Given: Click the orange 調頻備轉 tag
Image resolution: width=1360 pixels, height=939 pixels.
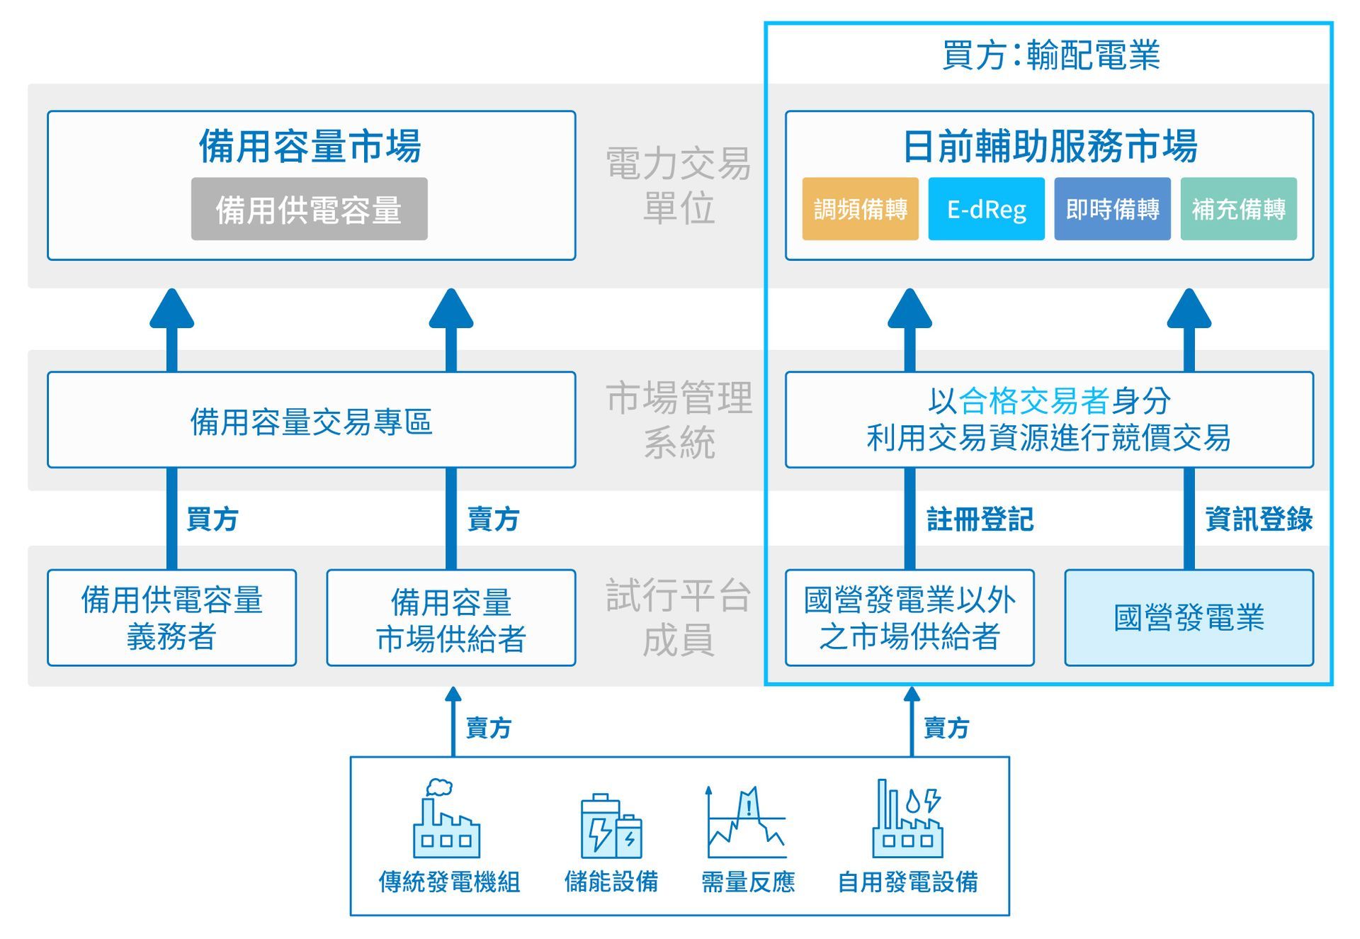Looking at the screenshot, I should coord(860,209).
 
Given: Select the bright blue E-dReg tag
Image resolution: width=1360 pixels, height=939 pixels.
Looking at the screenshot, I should coord(986,209).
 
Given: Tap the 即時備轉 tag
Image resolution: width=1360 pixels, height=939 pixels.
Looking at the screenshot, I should coord(1112,209).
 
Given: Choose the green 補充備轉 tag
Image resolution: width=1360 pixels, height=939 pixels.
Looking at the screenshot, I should coord(1238,209).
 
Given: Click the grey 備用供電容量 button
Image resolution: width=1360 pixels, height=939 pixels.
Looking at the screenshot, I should coord(309,209).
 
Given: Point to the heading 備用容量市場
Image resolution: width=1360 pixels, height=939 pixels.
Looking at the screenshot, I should coord(310,146).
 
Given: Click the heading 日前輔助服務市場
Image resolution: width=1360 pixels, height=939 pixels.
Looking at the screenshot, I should coord(1050,146).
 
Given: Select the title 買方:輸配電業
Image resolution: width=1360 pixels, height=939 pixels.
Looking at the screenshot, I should coord(1050,55).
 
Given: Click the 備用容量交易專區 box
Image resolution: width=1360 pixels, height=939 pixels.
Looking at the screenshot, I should coord(311,420).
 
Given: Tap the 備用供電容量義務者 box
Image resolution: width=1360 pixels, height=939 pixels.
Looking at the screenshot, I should coord(171,617).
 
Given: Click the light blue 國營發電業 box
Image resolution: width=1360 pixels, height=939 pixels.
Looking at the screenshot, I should coord(1189,617).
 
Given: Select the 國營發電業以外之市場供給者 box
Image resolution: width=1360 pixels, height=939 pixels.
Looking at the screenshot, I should coord(909,617).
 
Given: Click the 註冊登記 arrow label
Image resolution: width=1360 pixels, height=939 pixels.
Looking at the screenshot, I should coord(980,519).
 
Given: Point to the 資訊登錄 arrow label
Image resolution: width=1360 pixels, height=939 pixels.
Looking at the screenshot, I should coord(1259,519).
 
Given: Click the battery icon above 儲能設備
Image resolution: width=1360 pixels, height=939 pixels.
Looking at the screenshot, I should coord(611,826).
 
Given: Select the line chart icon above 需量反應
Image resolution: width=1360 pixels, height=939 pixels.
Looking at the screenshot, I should coord(747,822).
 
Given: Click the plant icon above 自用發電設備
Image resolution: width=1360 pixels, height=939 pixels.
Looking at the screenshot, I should coord(908,819).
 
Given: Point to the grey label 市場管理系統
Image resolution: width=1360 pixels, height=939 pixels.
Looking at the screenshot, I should coord(679,420).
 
